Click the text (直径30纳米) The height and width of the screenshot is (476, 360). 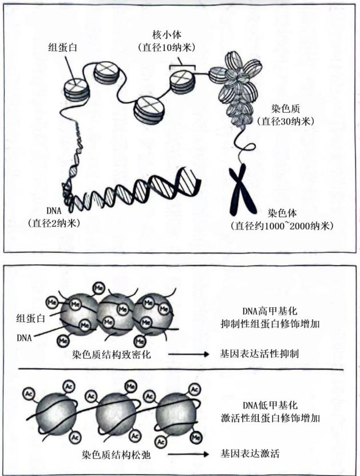coord(286,121)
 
